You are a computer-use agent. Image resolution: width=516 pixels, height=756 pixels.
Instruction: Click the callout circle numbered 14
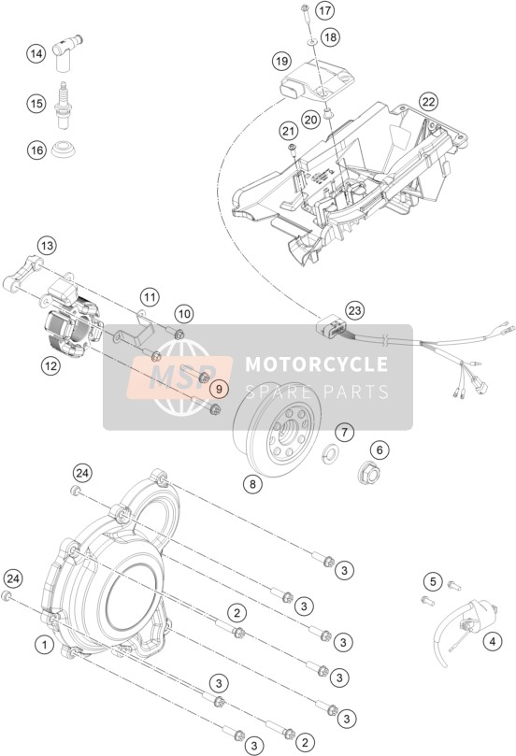(36, 53)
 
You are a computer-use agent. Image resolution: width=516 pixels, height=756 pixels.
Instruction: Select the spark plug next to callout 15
(63, 105)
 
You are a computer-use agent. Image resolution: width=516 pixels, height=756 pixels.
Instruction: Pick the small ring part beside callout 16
(64, 149)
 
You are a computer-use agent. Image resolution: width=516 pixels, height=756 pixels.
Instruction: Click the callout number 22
(429, 102)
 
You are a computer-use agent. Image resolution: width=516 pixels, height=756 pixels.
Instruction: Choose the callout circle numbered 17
(324, 10)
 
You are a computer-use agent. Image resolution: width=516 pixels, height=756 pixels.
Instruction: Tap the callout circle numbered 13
(47, 246)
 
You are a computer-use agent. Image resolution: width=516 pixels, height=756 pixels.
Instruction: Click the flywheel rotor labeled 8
(277, 425)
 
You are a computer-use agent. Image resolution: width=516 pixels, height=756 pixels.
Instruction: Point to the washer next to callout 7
(331, 451)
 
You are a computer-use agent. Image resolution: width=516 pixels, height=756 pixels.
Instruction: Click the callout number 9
(219, 389)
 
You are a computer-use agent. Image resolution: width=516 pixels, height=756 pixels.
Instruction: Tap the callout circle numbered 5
(433, 581)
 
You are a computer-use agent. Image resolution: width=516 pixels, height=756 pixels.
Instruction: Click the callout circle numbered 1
(45, 644)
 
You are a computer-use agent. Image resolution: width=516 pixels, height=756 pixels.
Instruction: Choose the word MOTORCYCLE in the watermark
(316, 364)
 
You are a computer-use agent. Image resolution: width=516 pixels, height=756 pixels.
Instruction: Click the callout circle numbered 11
(150, 297)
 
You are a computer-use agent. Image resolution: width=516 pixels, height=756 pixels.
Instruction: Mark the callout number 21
(288, 131)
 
